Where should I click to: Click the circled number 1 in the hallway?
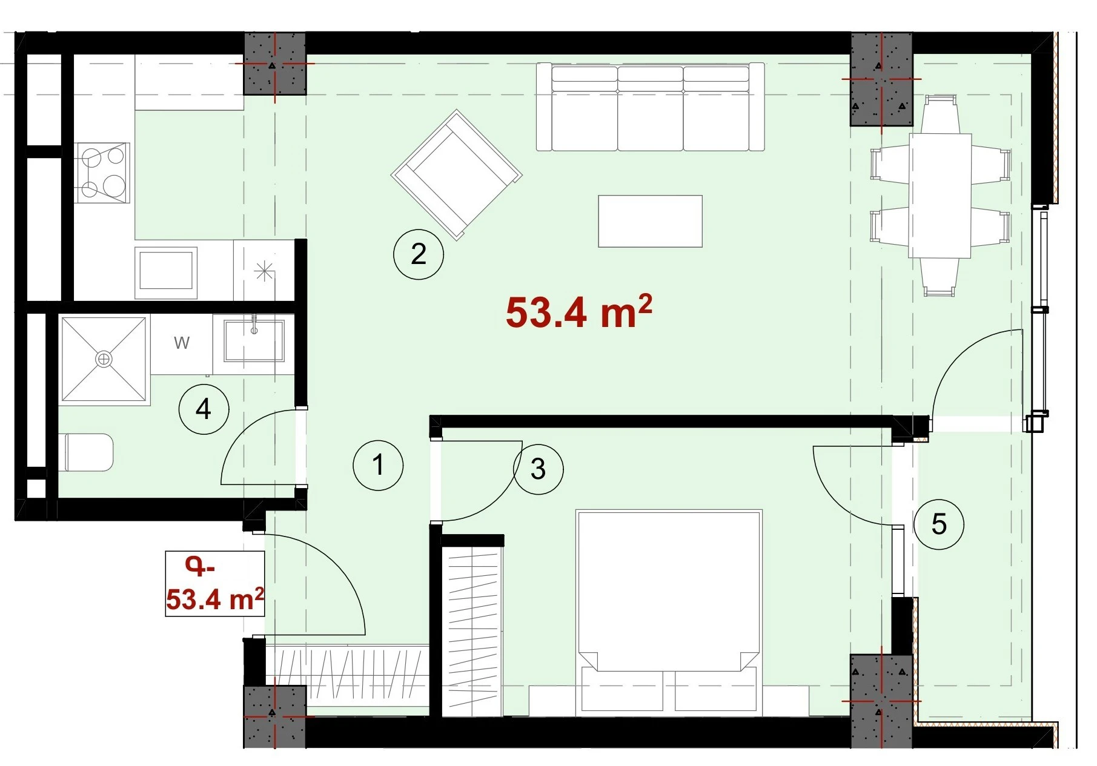point(378,465)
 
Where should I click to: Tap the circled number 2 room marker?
point(419,254)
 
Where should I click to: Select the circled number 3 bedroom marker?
point(539,469)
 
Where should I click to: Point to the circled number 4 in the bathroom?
point(204,409)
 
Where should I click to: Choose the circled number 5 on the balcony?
point(939,524)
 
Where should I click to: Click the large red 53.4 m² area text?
point(578,311)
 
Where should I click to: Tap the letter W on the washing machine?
point(182,343)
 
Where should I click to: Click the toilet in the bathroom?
point(89,452)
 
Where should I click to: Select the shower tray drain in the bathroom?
point(104,359)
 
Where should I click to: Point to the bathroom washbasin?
point(254,340)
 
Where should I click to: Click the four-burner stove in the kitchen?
point(103,173)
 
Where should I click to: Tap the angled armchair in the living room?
point(456,174)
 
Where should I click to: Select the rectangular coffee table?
point(650,221)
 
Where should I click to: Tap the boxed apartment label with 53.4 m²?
point(215,584)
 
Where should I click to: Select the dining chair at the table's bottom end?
point(940,277)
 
